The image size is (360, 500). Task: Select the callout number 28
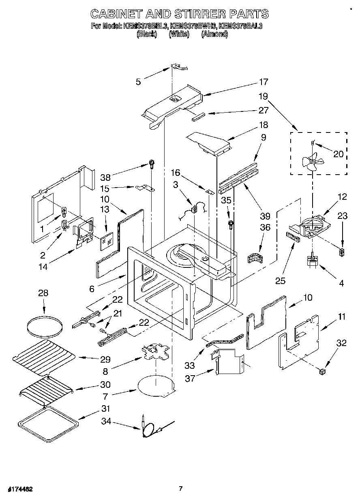(x=43, y=293)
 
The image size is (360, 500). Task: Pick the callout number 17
(x=264, y=82)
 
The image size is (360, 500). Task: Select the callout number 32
(x=341, y=343)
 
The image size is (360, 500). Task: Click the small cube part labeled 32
(x=323, y=371)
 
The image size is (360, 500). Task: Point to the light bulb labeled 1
(x=64, y=212)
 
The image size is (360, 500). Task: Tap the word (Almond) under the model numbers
(x=214, y=34)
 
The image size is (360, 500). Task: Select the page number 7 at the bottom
(x=181, y=488)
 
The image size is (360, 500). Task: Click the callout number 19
(x=264, y=97)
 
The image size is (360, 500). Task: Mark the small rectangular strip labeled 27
(x=199, y=117)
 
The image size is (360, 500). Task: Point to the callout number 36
(x=265, y=228)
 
